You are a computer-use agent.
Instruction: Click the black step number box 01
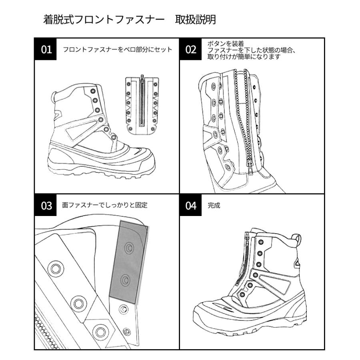[46, 50]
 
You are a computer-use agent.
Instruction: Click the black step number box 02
[191, 50]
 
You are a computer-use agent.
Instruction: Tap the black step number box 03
[46, 206]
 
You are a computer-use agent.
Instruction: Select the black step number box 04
[191, 206]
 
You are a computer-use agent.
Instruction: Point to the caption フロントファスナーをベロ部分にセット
[117, 50]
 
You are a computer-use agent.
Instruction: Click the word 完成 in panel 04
[214, 206]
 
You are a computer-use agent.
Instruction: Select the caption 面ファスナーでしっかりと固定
[105, 206]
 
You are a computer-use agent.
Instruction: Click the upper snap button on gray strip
[129, 248]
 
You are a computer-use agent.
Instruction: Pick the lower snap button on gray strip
[125, 280]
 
